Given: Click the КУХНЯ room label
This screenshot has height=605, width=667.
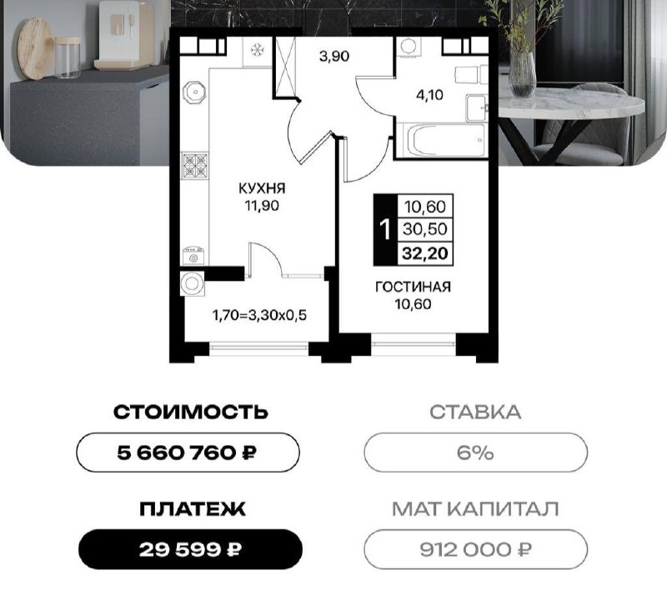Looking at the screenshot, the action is click(262, 188).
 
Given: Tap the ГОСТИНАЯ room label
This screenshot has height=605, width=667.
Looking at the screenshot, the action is click(413, 287).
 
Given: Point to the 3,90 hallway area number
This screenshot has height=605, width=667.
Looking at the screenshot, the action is click(334, 56).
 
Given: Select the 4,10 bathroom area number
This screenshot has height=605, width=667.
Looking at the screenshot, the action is click(429, 95).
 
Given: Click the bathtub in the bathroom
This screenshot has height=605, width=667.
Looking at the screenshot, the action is click(445, 140).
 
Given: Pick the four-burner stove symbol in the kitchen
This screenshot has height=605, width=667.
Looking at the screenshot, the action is click(195, 165).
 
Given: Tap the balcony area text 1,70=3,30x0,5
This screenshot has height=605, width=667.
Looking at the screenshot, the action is click(259, 316).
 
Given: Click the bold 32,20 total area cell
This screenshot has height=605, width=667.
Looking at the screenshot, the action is click(425, 253).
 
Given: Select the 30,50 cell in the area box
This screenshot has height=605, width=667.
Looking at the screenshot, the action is click(425, 229).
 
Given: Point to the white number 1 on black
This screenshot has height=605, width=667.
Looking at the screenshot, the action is click(385, 230).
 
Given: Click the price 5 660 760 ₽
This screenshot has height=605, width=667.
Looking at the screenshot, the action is click(187, 452).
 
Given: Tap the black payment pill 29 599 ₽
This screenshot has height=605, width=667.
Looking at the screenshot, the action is click(191, 550).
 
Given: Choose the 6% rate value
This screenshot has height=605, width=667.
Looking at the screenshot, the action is click(475, 452).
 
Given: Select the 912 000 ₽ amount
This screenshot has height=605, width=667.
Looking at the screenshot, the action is click(475, 550).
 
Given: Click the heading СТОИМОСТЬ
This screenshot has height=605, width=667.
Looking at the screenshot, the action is click(191, 412).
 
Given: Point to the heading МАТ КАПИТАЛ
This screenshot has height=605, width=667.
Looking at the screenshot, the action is click(475, 508).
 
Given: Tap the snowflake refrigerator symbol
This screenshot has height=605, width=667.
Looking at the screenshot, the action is click(258, 51).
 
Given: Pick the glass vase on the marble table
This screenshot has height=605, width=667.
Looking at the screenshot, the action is click(522, 75).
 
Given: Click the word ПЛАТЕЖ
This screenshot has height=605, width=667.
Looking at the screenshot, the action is click(193, 509).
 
